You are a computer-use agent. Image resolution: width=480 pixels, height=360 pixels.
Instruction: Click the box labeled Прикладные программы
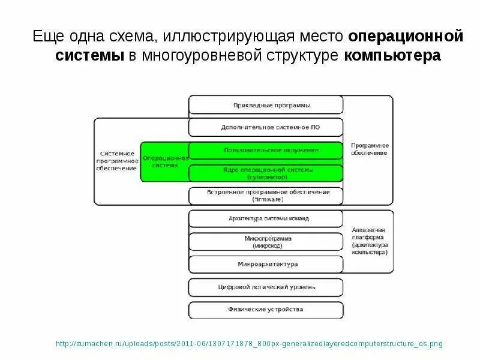pos(266,106)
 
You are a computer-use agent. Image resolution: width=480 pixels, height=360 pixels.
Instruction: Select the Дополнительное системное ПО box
pos(266,127)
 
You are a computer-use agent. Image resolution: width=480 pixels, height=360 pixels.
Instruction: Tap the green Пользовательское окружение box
pos(266,149)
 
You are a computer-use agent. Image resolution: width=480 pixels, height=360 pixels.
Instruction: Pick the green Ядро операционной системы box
pos(266,173)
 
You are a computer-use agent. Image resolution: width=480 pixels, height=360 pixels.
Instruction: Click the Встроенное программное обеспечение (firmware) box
pos(266,195)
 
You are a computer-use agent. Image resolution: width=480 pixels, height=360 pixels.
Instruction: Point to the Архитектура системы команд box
pos(266,218)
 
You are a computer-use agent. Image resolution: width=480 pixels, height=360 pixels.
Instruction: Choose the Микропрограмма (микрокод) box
pos(266,242)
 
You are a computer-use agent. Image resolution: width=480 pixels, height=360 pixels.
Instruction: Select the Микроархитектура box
pos(266,264)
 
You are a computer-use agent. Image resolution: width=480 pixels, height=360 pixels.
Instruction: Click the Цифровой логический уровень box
pos(266,287)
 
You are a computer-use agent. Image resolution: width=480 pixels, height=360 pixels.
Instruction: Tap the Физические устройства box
pos(266,310)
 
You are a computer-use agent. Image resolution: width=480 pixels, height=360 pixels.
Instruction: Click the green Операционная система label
pos(164,161)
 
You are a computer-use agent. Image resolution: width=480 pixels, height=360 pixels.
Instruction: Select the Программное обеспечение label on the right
pos(369,149)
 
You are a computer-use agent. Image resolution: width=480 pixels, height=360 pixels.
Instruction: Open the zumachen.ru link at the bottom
pos(248,344)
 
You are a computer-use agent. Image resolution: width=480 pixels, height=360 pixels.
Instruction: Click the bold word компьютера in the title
pos(392,56)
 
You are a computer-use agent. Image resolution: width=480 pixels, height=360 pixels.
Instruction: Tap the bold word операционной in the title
pos(406,36)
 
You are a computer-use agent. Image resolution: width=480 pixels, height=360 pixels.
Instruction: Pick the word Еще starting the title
pos(46,36)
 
